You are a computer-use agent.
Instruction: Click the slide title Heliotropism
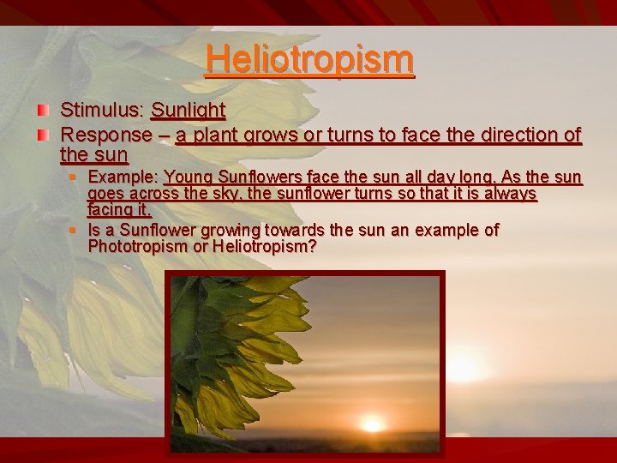(309, 59)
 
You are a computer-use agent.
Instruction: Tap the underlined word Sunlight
(188, 111)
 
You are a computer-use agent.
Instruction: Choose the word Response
(105, 135)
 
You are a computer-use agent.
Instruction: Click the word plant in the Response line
(216, 135)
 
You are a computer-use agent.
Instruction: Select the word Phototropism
(135, 247)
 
